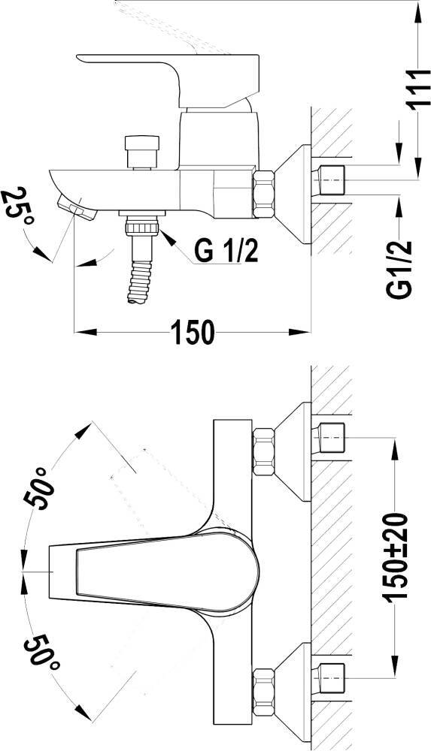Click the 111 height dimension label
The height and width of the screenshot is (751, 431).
click(x=418, y=90)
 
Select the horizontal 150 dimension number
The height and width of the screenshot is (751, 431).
click(x=193, y=332)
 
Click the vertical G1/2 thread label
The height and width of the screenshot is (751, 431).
click(x=399, y=270)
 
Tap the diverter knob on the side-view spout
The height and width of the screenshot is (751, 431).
click(x=141, y=152)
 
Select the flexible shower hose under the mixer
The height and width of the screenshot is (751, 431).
click(x=140, y=282)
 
